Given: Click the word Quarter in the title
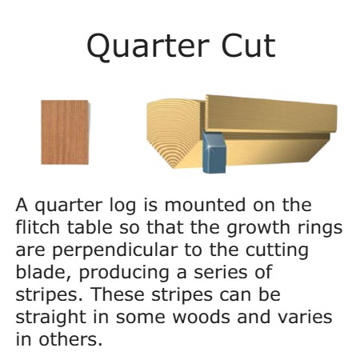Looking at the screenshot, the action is [x=148, y=46].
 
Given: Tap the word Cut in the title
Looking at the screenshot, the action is [x=248, y=46].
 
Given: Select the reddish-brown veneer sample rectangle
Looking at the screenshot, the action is [x=65, y=132].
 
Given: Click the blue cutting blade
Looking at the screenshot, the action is [x=214, y=153].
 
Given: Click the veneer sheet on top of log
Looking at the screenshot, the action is [x=271, y=114].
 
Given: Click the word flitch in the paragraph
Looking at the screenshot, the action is [x=38, y=227].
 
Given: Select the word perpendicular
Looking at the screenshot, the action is [x=115, y=251].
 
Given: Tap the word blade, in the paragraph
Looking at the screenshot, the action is [x=43, y=273].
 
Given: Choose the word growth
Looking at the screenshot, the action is [x=258, y=229].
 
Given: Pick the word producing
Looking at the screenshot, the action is [x=124, y=274].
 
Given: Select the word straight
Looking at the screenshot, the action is [x=50, y=318].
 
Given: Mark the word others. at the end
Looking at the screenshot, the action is [x=70, y=339].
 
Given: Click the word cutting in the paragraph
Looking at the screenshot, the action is [x=277, y=251].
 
